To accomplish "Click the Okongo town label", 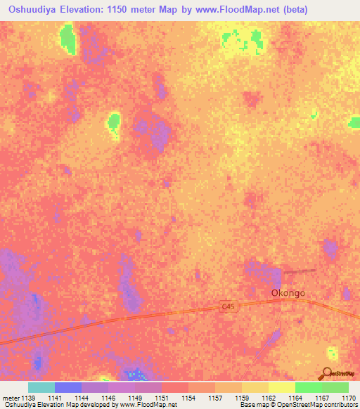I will point(288,293).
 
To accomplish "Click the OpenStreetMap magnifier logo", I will point(327,374).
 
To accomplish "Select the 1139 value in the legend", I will point(28,398).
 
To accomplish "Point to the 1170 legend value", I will point(348,398).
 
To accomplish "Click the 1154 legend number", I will point(188,398).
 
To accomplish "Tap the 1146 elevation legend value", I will point(108,398).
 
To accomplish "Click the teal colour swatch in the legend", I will point(41,387).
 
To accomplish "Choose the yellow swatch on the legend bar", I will point(281,387).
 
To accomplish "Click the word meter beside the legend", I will point(11,398).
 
